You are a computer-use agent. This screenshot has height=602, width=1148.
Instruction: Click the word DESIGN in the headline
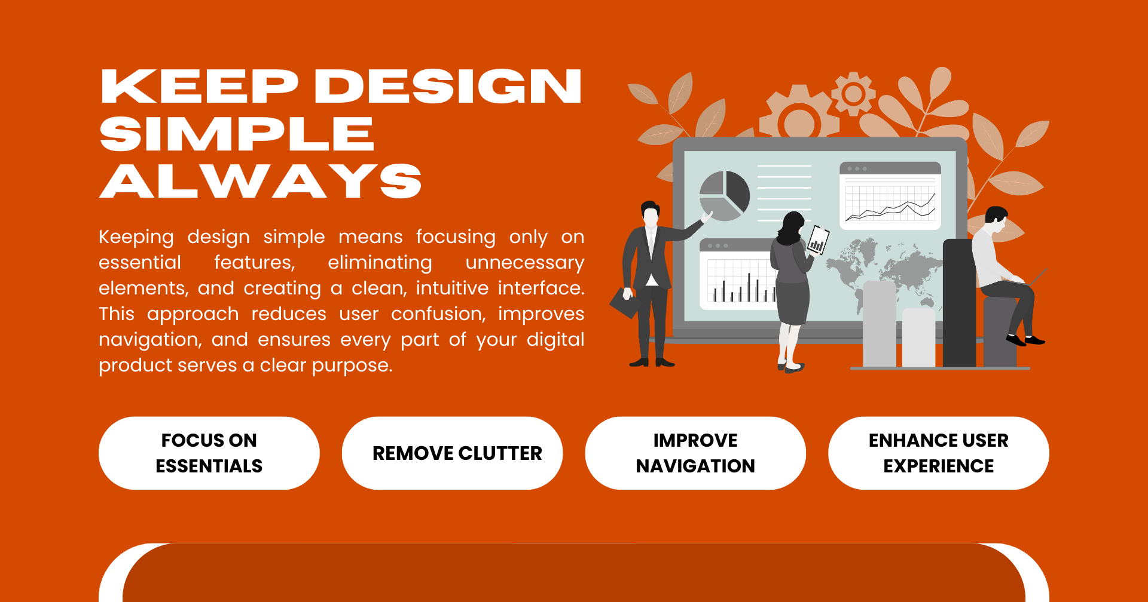pos(448,86)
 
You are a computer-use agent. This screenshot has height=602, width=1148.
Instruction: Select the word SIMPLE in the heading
pos(237,134)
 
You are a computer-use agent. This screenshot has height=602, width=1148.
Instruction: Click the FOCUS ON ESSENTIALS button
pos(209,453)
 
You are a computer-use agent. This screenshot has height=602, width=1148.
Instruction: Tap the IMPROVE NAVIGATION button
pos(695,453)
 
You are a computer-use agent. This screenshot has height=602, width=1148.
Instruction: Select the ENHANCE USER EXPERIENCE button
pos(939,453)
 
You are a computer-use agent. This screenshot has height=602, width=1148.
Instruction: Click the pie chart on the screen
pos(725,195)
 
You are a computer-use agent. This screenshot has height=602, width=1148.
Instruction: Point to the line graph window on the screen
pos(890,196)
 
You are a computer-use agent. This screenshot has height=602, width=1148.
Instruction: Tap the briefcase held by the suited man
pos(625,303)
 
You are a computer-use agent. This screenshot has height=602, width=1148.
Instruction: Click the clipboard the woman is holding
pos(818,239)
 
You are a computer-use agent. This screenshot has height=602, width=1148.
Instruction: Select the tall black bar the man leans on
pos(960,303)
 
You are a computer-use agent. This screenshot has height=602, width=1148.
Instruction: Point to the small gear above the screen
pos(853,93)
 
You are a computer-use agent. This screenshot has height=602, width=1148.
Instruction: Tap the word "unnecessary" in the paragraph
pos(524,263)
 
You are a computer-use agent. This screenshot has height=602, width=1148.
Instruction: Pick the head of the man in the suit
pos(651,213)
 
